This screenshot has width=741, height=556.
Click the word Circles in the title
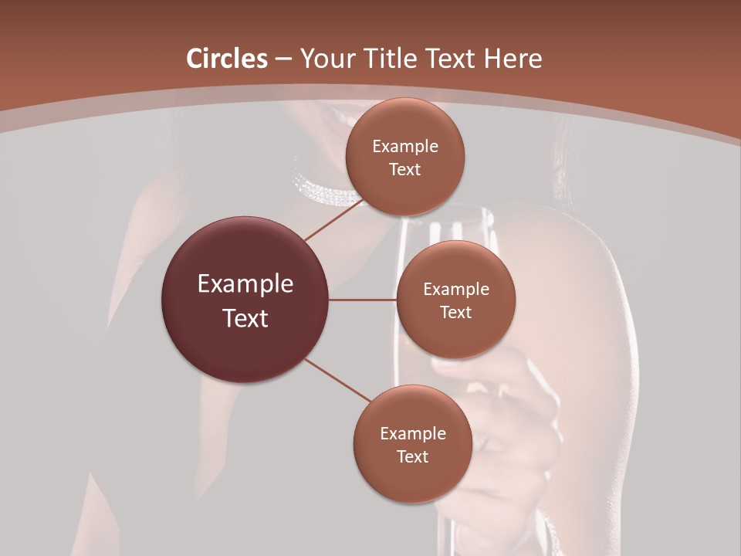point(227,59)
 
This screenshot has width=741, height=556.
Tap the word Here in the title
point(513,59)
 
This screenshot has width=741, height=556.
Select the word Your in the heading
point(325,59)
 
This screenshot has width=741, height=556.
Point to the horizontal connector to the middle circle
point(363,300)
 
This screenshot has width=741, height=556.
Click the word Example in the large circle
point(245,284)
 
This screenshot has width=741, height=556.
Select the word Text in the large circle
point(245,318)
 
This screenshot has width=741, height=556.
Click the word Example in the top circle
point(405,146)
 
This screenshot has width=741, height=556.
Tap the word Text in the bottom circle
point(413,456)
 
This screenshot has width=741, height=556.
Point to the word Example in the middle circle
point(456,289)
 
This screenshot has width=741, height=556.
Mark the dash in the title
point(283,59)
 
